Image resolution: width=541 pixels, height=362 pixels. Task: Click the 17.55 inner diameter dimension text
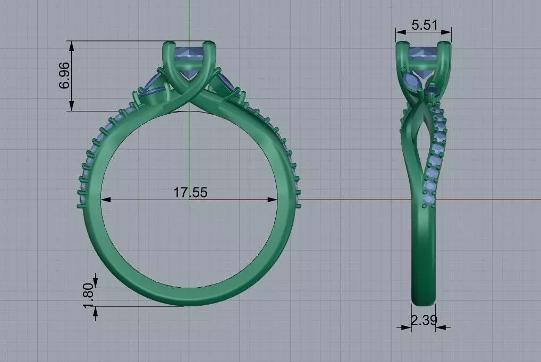coord(190,192)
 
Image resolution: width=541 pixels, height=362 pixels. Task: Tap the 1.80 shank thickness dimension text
coord(89,295)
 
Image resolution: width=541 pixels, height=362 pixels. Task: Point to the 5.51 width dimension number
coord(424,24)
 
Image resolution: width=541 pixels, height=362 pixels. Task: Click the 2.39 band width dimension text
coord(424,320)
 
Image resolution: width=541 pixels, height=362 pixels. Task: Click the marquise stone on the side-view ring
coord(411,81)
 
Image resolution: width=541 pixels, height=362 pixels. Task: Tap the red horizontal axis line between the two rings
coord(345,200)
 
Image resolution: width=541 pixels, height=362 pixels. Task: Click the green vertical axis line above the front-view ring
coord(189,21)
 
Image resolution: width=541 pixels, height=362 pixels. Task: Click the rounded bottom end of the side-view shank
coord(424,301)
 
